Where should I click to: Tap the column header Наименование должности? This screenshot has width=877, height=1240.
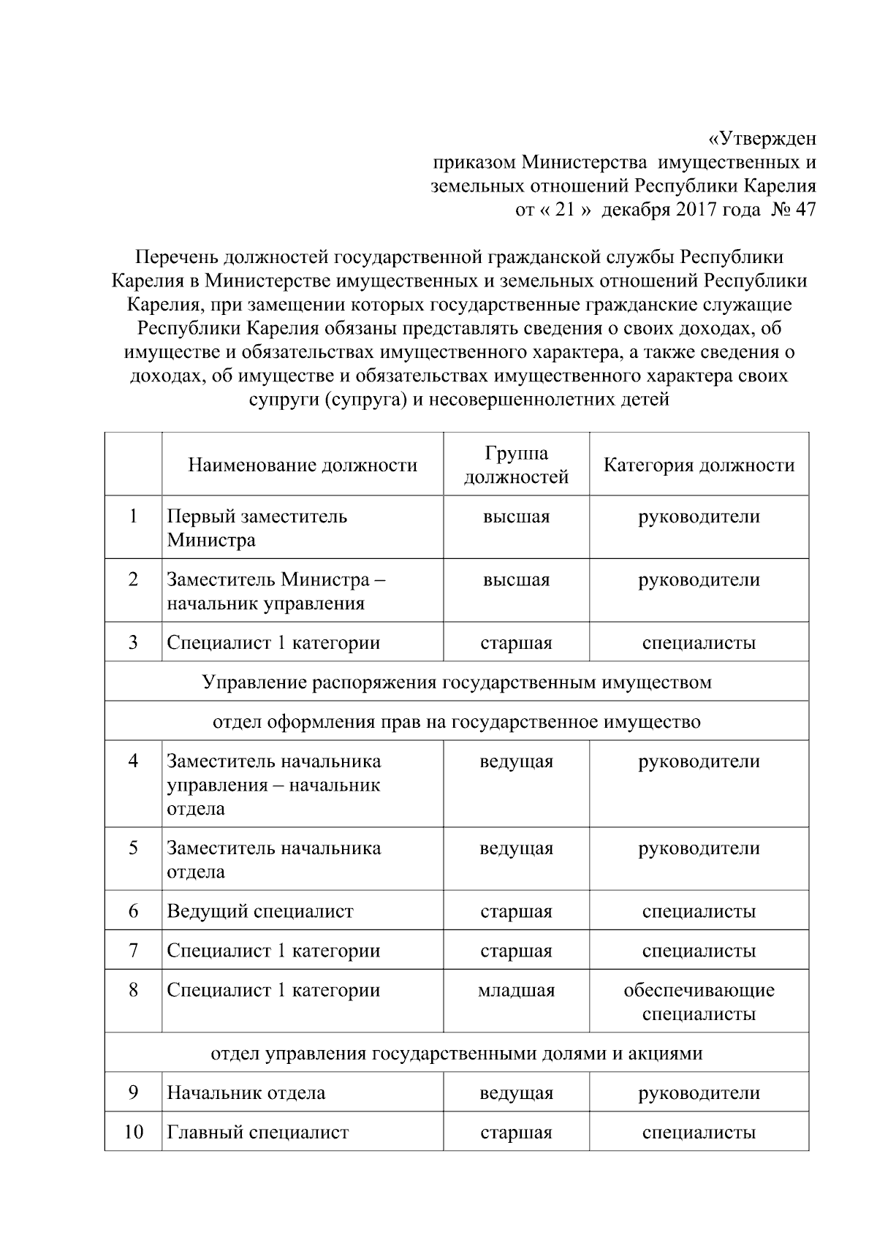tap(303, 465)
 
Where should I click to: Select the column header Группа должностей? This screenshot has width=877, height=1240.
tap(516, 465)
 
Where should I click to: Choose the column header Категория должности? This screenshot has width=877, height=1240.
tap(699, 465)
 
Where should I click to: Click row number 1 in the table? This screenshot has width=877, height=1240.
tap(133, 517)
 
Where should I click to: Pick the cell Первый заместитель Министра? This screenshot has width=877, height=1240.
tap(257, 528)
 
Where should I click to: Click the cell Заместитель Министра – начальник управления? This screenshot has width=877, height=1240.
tap(276, 592)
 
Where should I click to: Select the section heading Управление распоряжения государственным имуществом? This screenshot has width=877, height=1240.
tap(456, 682)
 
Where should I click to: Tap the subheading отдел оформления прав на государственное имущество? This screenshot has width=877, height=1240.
tap(456, 722)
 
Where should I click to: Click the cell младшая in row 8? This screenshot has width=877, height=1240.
tap(516, 991)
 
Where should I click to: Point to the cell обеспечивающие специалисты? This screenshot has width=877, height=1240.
tap(699, 1002)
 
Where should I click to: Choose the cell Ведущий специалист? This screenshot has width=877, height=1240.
tap(260, 911)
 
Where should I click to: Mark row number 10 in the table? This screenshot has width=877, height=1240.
tap(133, 1133)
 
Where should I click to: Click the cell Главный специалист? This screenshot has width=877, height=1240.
tap(258, 1133)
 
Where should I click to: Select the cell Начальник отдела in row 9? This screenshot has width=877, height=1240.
tap(246, 1093)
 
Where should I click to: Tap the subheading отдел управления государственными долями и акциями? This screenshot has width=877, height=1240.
tap(456, 1054)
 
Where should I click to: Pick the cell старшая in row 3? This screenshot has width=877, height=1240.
tap(516, 643)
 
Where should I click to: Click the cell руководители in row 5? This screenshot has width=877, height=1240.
tap(699, 848)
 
